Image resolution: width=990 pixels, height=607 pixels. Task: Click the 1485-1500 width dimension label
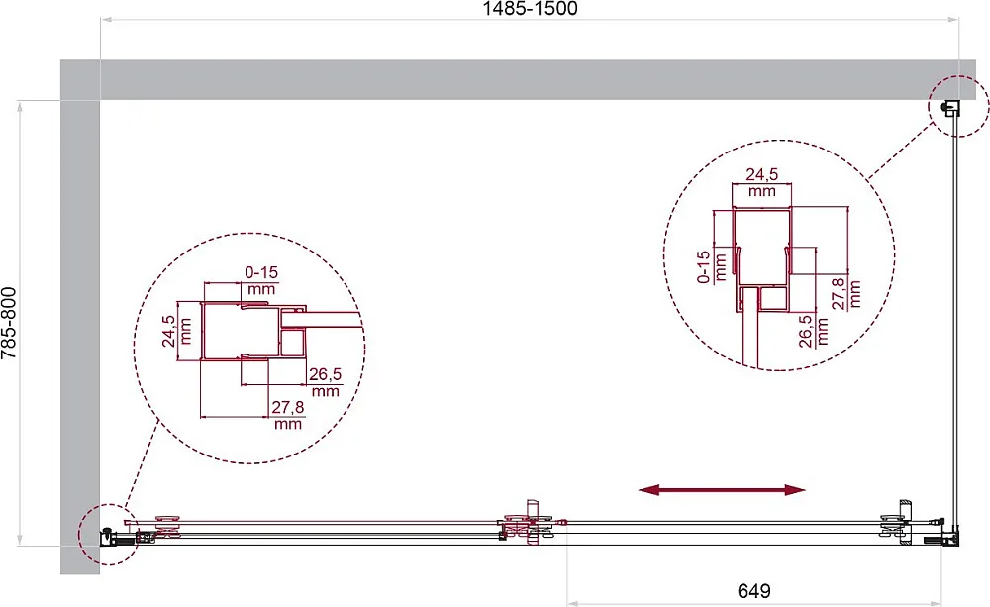click(530, 8)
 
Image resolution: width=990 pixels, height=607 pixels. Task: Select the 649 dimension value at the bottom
click(753, 591)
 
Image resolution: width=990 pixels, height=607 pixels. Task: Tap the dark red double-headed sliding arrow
click(722, 489)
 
